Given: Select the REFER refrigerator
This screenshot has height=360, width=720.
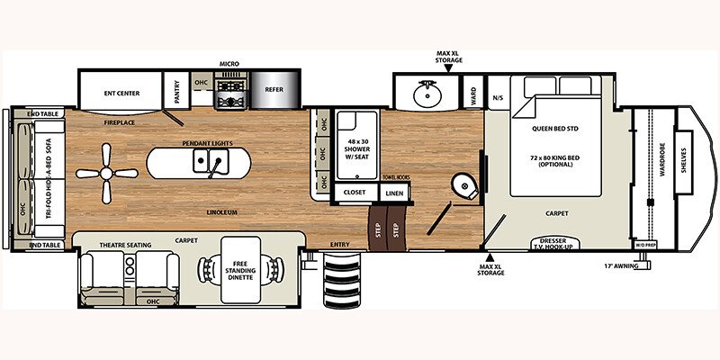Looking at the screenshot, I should (273, 89).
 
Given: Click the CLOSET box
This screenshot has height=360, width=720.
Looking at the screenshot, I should (353, 192).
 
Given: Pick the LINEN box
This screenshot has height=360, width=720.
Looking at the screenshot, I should (393, 192).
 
